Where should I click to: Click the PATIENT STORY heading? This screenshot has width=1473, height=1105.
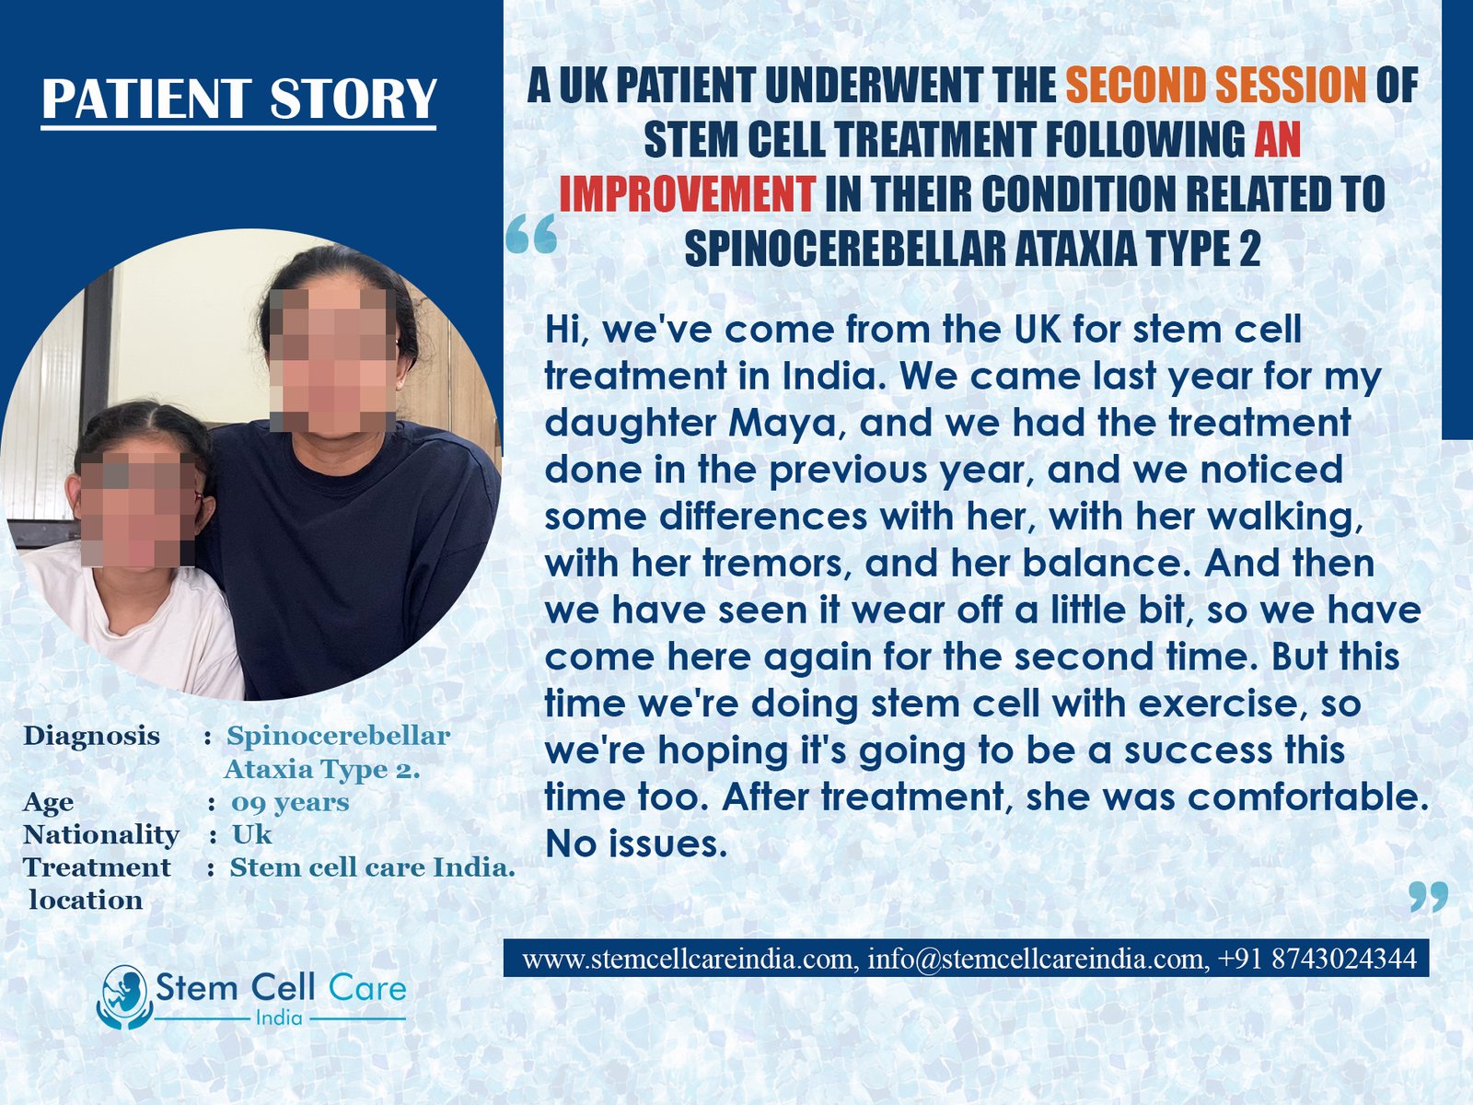click(x=238, y=99)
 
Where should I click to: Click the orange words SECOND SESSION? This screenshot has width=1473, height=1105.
click(x=1215, y=85)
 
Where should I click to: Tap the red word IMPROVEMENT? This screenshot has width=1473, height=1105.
click(x=687, y=193)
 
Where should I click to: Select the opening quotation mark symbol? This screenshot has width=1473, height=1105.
click(x=531, y=234)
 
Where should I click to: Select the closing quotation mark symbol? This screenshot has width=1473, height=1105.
click(x=1429, y=897)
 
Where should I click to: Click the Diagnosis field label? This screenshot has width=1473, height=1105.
click(x=91, y=736)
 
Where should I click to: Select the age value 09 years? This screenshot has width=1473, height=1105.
click(x=291, y=802)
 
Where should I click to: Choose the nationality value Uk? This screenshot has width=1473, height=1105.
click(x=251, y=834)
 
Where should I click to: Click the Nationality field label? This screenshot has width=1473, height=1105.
click(x=101, y=835)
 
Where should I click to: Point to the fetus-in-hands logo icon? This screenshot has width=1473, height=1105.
click(x=122, y=997)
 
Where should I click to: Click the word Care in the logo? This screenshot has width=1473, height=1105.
click(x=367, y=988)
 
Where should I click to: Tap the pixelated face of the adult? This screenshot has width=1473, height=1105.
click(x=332, y=359)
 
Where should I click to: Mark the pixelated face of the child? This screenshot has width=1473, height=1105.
click(x=137, y=509)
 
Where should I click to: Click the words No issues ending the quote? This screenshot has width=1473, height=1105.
click(x=636, y=844)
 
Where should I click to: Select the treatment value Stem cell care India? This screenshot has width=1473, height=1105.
click(x=373, y=867)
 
